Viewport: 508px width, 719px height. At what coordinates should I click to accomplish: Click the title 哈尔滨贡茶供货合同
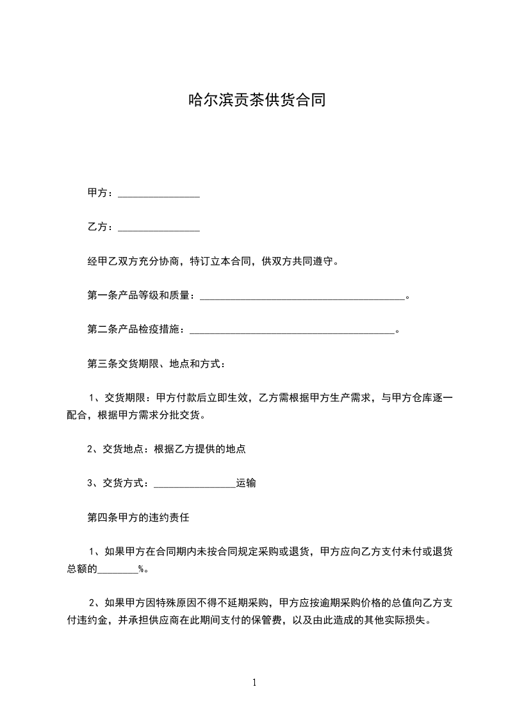tap(254, 100)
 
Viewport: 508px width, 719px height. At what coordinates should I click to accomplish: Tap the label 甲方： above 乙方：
tap(101, 194)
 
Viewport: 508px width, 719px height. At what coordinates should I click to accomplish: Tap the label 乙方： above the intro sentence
tap(101, 227)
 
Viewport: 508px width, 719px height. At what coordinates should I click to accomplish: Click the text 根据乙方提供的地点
tap(200, 449)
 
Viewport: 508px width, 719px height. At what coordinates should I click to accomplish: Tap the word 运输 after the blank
tap(246, 483)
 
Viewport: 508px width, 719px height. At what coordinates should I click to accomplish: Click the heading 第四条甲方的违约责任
tap(138, 517)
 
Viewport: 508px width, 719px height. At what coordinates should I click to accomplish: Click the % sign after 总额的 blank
tap(141, 568)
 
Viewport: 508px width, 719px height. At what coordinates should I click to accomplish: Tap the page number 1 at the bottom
tap(254, 682)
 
